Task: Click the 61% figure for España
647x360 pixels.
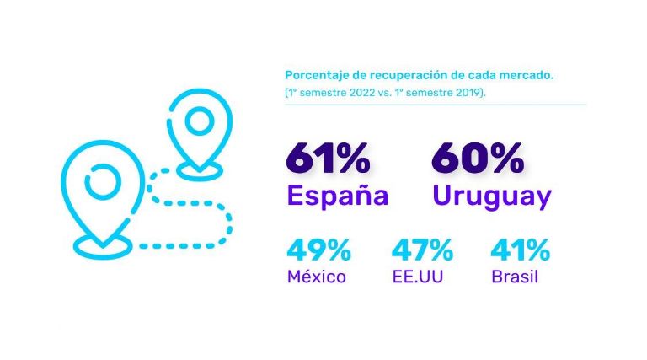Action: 328,158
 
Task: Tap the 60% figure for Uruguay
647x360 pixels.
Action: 478,158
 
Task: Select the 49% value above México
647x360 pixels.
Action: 318,250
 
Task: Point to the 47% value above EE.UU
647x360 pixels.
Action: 422,250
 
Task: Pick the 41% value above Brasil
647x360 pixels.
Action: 520,250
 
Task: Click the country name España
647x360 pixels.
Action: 337,196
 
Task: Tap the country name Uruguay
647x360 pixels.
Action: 492,196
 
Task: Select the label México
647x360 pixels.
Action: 316,277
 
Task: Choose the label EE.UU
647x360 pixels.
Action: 419,277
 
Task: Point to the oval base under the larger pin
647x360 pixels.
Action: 102,246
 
